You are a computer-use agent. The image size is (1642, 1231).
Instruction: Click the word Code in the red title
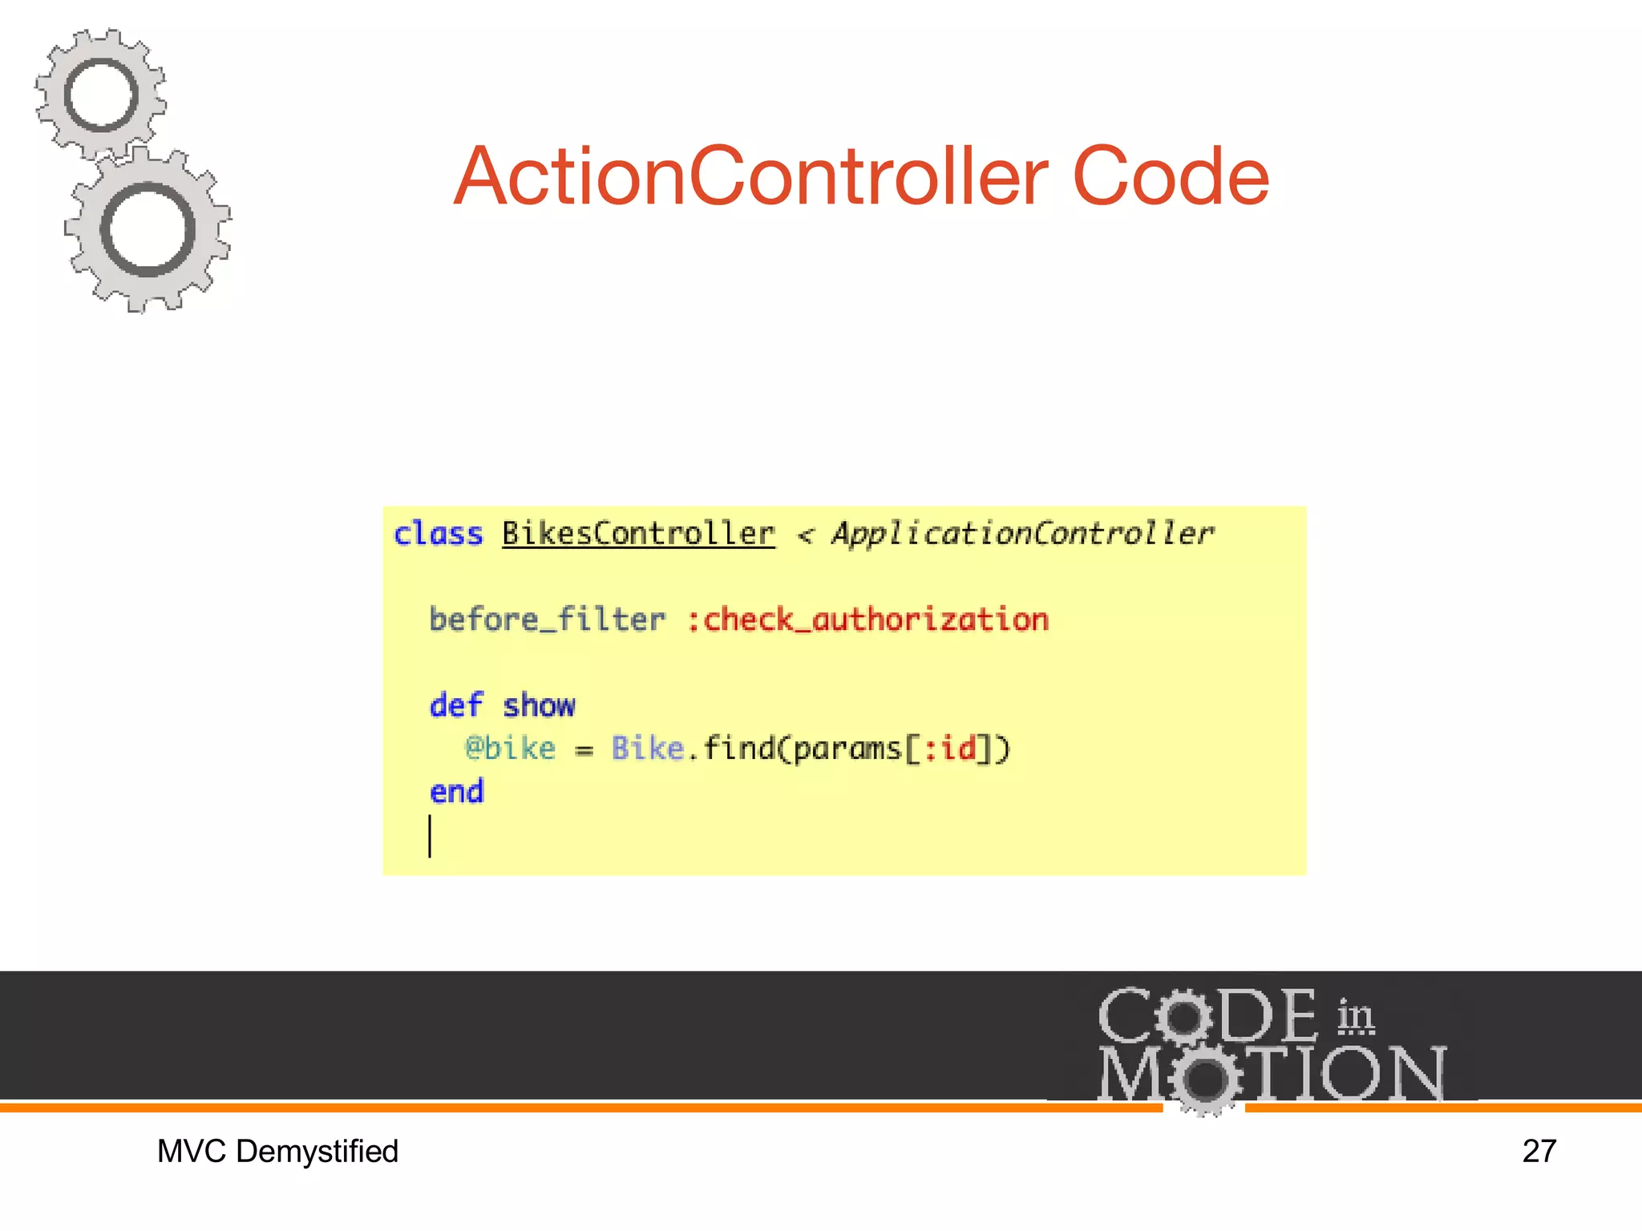tap(1171, 177)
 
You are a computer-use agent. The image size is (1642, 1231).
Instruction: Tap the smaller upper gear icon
tap(101, 95)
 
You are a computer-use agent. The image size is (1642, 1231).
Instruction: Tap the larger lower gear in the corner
tap(148, 230)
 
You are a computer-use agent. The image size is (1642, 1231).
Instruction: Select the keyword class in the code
tap(439, 535)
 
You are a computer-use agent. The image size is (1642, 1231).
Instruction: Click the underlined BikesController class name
tap(638, 535)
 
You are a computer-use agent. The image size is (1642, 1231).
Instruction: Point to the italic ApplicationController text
tap(1022, 535)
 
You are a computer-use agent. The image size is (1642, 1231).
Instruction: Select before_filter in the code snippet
tap(548, 620)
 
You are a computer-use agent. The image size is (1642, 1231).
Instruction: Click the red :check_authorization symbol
tap(868, 620)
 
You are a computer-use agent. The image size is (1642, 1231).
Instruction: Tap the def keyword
tap(456, 706)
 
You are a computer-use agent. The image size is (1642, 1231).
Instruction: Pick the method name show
tap(539, 706)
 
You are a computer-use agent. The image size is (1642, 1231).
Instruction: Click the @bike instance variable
tap(511, 749)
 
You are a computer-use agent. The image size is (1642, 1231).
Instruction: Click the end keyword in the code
tap(457, 792)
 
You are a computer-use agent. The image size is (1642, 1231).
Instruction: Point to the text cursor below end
tap(431, 836)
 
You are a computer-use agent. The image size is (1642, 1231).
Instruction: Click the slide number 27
tap(1539, 1152)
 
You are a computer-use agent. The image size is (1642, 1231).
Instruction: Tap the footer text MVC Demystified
tap(277, 1152)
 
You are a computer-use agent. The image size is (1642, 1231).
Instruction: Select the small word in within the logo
tap(1355, 1017)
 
